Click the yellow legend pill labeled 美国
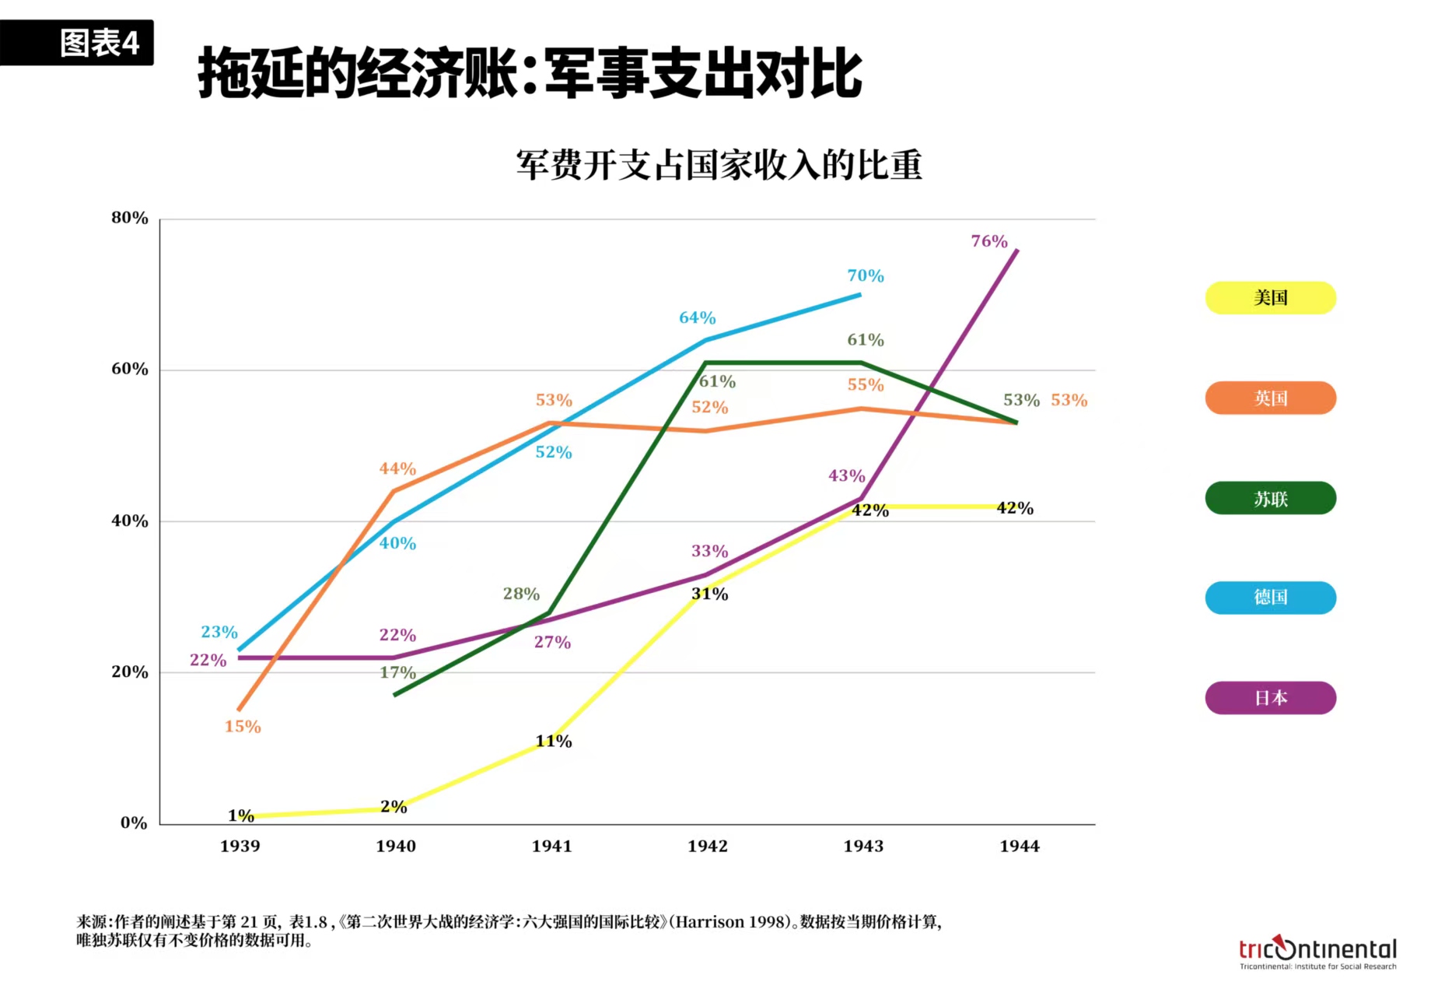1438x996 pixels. click(1270, 298)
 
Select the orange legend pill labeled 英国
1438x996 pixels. click(1270, 398)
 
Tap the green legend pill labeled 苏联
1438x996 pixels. click(1270, 499)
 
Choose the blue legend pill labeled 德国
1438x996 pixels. click(1270, 598)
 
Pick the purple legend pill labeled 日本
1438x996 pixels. click(1270, 698)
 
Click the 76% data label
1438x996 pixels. click(988, 242)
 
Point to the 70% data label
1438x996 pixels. click(865, 276)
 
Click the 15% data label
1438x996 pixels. click(243, 727)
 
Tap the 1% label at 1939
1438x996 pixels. click(241, 815)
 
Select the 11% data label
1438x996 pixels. click(553, 742)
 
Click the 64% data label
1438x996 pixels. click(697, 318)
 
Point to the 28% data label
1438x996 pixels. click(521, 594)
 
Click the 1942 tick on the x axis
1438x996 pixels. click(707, 847)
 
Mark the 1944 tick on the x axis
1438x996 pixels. click(1019, 847)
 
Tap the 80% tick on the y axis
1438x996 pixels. click(130, 219)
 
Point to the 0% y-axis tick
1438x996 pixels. click(134, 823)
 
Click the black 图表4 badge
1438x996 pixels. click(78, 43)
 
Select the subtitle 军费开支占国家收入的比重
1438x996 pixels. click(719, 165)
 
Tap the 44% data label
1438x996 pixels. click(397, 469)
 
